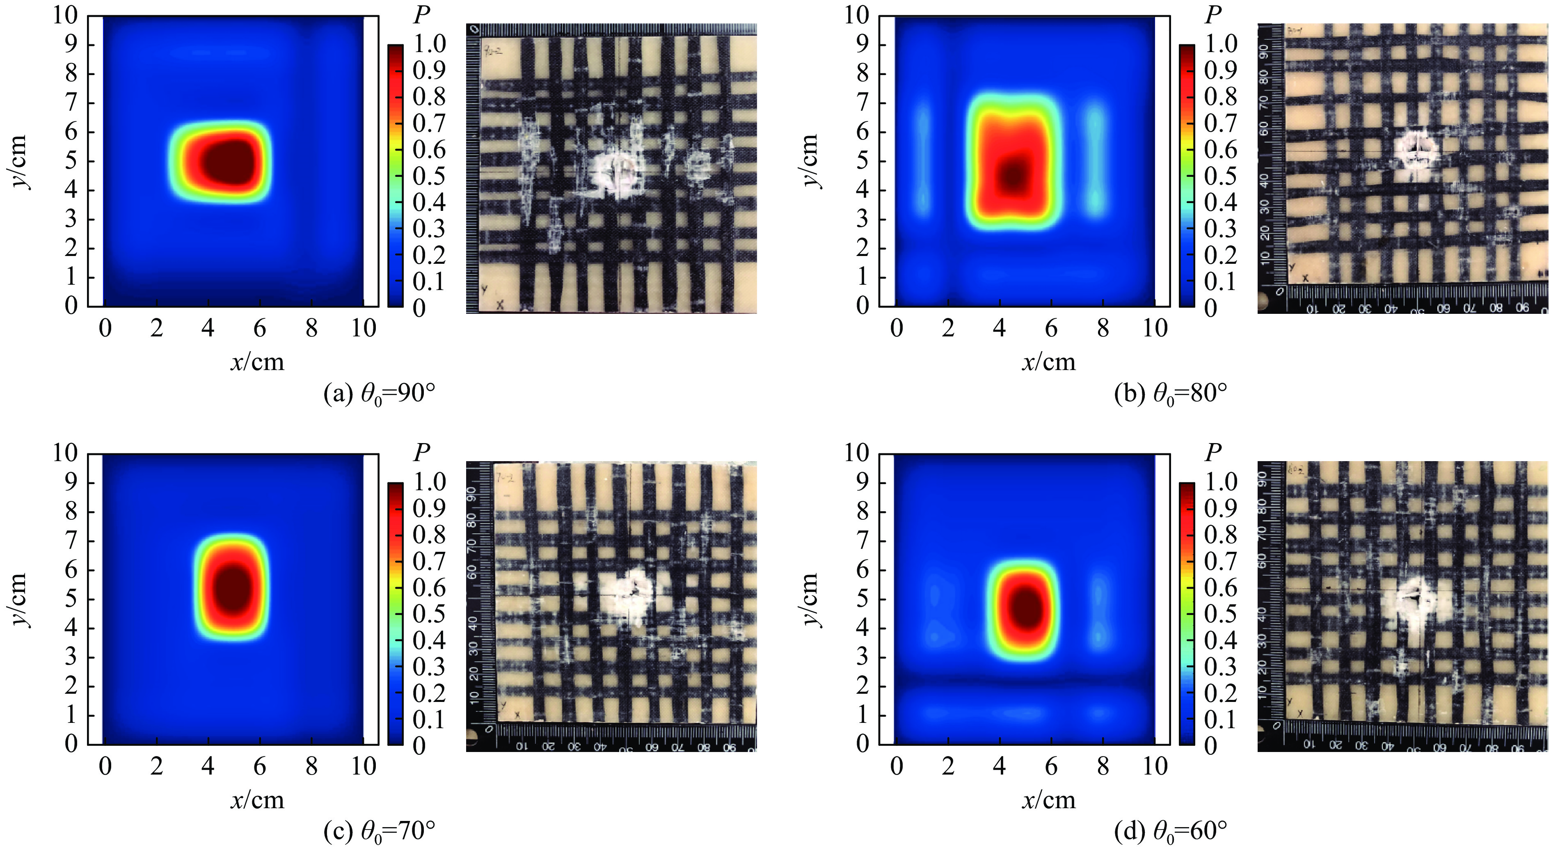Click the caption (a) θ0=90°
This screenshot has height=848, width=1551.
(x=379, y=394)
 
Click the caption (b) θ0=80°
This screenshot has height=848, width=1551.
(x=1171, y=394)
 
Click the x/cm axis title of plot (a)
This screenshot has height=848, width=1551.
(x=257, y=362)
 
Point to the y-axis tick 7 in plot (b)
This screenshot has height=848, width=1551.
(x=863, y=103)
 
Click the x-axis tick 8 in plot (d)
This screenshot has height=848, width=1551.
(x=1103, y=766)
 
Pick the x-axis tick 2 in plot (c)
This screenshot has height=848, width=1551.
(x=157, y=766)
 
